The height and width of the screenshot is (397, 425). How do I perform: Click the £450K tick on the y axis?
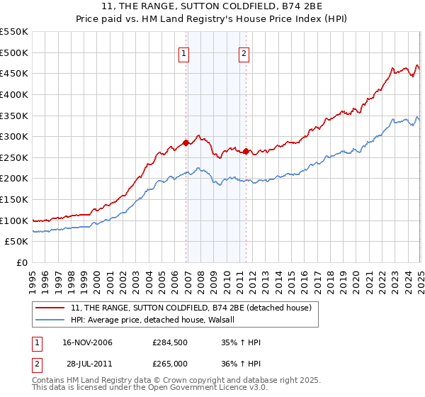14,73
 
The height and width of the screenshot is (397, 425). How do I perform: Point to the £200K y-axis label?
14,179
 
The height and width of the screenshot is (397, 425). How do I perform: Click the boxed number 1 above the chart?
183,52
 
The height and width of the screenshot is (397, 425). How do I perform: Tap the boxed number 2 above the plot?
244,52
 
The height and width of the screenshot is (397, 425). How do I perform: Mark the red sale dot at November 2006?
186,142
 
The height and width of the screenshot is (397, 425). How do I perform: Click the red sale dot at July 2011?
246,151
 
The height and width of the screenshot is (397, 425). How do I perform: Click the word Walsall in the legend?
228,320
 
